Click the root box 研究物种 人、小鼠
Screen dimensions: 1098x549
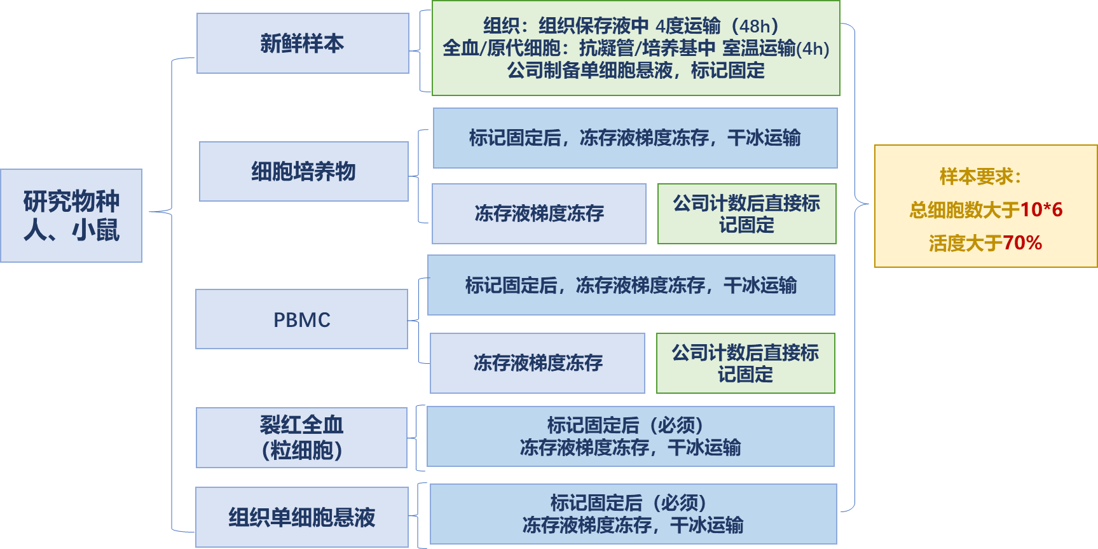point(71,216)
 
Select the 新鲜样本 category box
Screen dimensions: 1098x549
point(303,43)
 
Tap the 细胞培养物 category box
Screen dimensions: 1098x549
point(304,171)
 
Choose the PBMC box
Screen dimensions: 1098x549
point(301,319)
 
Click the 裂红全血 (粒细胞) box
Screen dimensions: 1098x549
point(301,438)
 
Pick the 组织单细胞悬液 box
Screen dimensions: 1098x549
point(302,517)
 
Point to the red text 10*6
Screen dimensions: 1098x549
point(1041,209)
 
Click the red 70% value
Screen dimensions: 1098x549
point(1022,242)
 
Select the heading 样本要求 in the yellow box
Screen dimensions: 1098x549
point(980,176)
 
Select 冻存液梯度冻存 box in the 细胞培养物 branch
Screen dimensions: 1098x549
point(539,214)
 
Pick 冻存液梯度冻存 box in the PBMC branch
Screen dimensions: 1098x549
point(538,363)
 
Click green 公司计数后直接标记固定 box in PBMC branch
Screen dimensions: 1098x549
point(746,363)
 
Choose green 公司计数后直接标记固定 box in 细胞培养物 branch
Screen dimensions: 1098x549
point(747,214)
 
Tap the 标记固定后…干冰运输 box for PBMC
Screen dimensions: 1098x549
point(631,285)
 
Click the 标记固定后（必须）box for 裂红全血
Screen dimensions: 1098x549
point(631,436)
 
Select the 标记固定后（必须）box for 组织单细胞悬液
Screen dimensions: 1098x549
point(633,514)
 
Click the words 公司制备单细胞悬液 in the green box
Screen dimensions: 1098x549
point(589,71)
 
